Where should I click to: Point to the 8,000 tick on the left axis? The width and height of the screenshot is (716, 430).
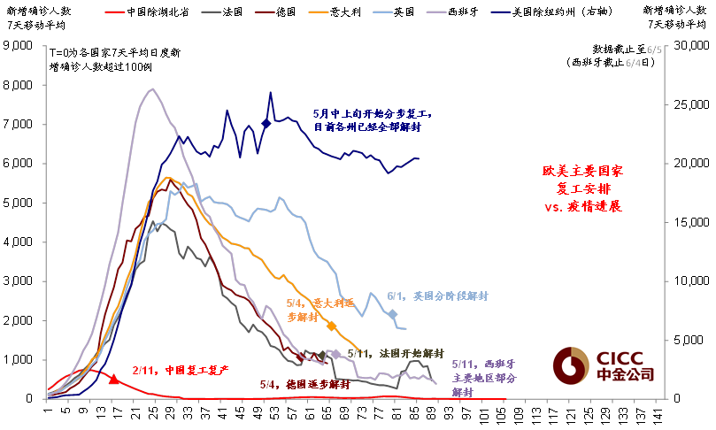coord(20,86)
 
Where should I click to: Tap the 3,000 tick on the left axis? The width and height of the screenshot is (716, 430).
coord(20,281)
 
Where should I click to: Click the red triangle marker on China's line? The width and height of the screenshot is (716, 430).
coord(113,379)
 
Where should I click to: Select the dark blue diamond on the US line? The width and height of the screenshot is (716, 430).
coord(266,124)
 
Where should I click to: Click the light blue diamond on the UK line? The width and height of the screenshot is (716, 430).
coord(393,314)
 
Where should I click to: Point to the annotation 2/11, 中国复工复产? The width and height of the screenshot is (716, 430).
coord(181,369)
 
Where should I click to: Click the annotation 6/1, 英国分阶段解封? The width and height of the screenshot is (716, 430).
coord(438,296)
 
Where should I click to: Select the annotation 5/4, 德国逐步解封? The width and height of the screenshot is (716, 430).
coord(304,385)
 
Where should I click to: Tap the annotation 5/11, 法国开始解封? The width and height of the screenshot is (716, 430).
coord(389,353)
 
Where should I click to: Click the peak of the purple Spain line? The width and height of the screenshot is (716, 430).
coord(151,88)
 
